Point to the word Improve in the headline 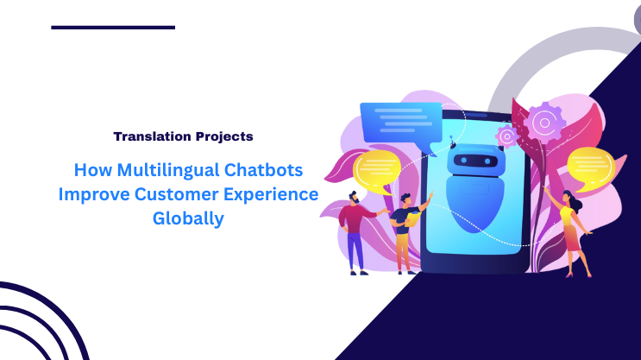[x=92, y=193]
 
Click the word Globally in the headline [x=188, y=218]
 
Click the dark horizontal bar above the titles [x=113, y=28]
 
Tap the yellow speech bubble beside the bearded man [x=378, y=170]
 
